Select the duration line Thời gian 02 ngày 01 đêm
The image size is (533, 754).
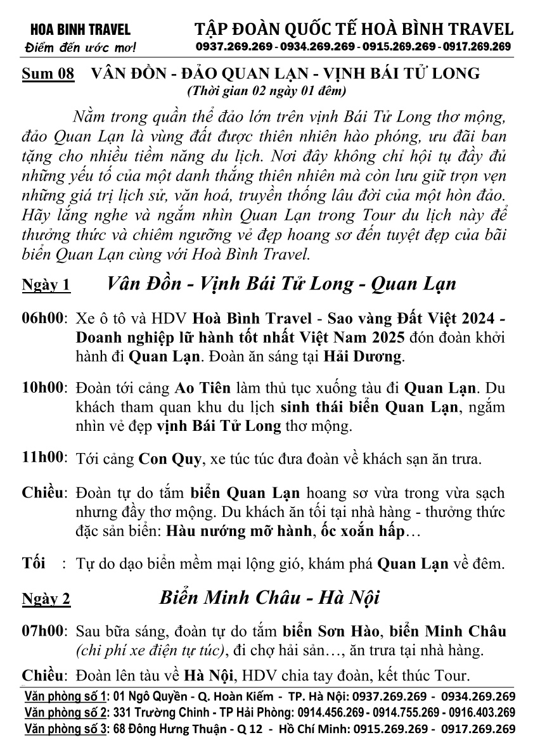tap(267, 91)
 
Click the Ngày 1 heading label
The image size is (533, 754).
tap(46, 285)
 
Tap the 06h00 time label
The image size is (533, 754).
tap(44, 317)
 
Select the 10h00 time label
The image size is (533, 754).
tap(44, 387)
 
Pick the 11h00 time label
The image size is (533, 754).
tap(44, 456)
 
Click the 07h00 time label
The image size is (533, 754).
tap(44, 632)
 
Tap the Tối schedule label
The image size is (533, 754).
tap(34, 563)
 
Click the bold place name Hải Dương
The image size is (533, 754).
tap(363, 356)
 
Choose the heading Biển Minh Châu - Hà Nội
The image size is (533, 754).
tap(269, 597)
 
